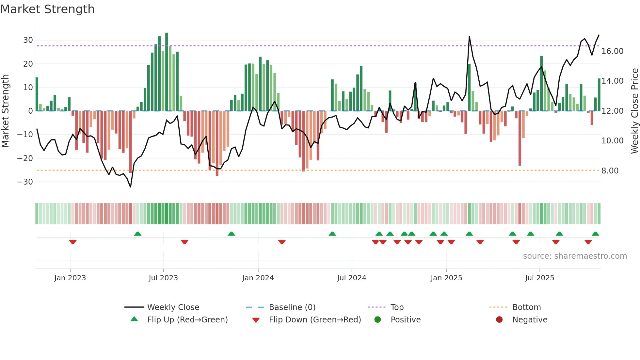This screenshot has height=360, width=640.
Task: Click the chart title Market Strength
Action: click(x=47, y=9)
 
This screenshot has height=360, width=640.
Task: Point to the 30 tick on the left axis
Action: click(x=28, y=40)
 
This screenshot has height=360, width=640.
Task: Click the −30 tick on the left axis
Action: click(x=25, y=182)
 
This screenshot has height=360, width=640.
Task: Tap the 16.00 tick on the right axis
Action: click(x=612, y=51)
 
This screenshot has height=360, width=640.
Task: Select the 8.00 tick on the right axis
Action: click(x=610, y=171)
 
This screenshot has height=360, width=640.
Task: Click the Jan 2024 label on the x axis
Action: click(x=258, y=278)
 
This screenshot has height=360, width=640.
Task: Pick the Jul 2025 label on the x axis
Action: click(x=539, y=278)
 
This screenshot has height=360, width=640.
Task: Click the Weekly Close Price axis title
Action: click(x=634, y=111)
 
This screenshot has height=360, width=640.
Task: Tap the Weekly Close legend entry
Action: click(x=173, y=307)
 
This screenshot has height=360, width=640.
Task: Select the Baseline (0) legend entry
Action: click(x=292, y=307)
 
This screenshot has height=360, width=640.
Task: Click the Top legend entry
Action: click(x=397, y=307)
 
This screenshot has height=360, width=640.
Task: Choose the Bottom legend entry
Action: click(x=526, y=307)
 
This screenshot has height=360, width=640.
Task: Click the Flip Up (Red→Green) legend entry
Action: click(x=187, y=320)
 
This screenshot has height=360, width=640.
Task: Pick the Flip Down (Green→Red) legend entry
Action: click(x=315, y=320)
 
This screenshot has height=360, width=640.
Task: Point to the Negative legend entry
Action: click(x=529, y=320)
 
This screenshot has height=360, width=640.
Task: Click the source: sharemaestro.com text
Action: click(x=575, y=256)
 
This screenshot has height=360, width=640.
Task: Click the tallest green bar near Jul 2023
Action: click(x=167, y=72)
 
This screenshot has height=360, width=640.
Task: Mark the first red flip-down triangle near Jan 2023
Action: click(x=73, y=242)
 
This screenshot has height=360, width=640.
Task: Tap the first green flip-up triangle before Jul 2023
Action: click(x=138, y=234)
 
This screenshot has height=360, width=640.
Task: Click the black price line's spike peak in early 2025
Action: click(x=469, y=37)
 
